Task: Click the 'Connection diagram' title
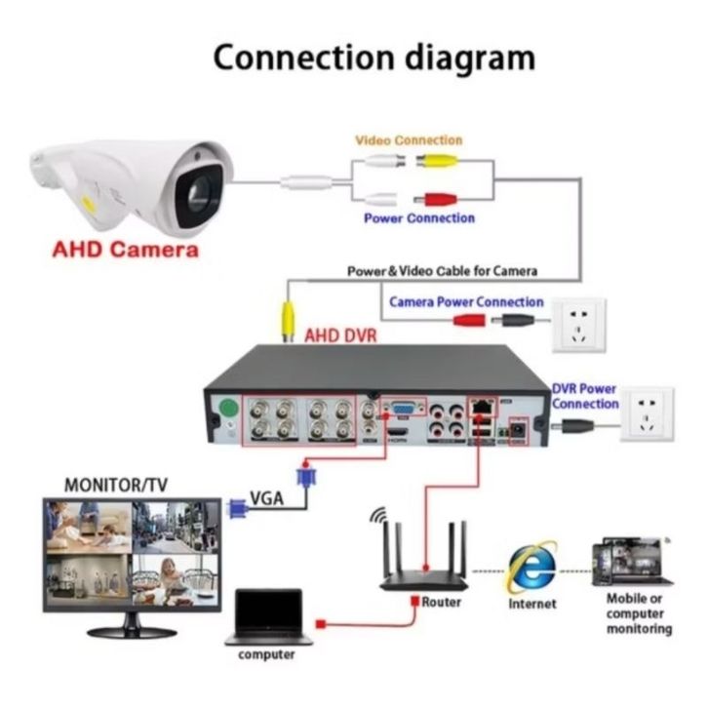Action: tap(374, 57)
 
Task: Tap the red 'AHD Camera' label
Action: tap(126, 249)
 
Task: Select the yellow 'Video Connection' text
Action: tap(409, 140)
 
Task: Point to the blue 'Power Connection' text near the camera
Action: tap(419, 218)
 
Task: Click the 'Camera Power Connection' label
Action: tap(466, 302)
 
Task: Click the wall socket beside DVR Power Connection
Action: tap(647, 413)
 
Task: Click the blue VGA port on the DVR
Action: tap(401, 409)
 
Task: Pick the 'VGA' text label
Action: tap(267, 498)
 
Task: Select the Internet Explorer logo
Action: tap(532, 566)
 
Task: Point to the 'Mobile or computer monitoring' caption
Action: tap(639, 613)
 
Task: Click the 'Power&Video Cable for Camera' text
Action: tap(443, 270)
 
